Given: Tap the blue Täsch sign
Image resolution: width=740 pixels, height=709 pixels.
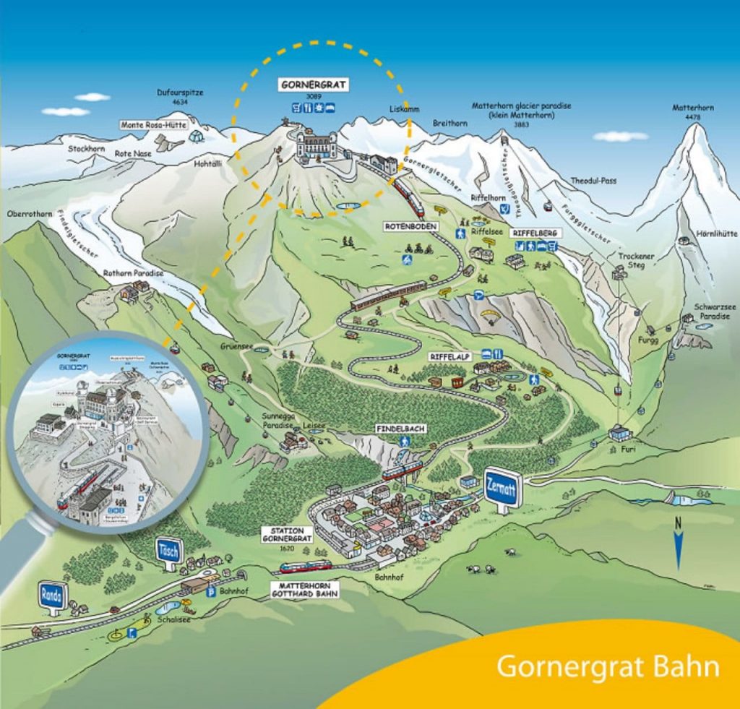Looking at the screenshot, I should click(x=168, y=551).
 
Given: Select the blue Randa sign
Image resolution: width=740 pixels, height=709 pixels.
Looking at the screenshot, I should click(x=53, y=596).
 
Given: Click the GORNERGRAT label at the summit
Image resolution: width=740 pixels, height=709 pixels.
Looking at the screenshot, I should click(x=314, y=85).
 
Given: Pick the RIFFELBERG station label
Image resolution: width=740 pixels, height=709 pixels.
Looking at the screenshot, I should click(x=534, y=233).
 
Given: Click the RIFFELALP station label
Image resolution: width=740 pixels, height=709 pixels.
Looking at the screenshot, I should click(x=451, y=356).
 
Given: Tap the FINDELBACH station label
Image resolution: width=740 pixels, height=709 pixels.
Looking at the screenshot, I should click(x=400, y=429).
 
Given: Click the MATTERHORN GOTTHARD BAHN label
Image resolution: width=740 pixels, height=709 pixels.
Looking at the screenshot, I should click(x=304, y=589).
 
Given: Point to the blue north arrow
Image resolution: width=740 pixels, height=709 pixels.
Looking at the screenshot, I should click(x=678, y=549).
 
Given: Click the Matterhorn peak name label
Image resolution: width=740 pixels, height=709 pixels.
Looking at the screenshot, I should click(x=693, y=108).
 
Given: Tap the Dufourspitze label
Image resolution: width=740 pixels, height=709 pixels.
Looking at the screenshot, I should click(x=180, y=93).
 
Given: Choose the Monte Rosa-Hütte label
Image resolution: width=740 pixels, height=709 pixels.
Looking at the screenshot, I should click(x=153, y=125).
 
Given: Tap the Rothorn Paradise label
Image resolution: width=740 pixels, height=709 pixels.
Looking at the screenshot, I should click(x=133, y=273).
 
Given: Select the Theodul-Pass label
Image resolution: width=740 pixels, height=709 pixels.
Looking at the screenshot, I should click(x=593, y=181).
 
